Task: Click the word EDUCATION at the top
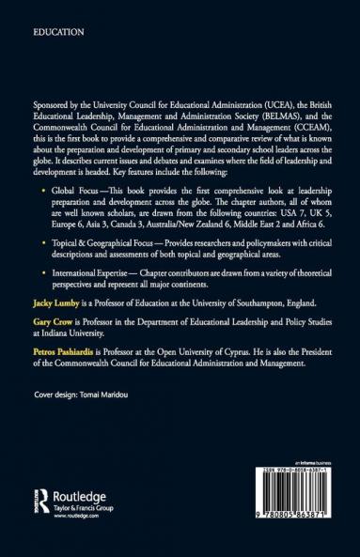click(x=58, y=32)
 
